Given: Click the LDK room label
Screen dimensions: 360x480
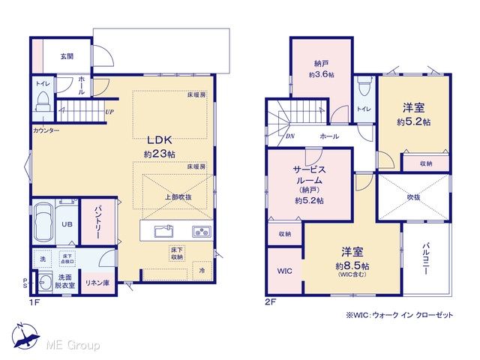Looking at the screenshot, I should [160, 139].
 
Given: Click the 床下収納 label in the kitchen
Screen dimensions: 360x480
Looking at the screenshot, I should [177, 254].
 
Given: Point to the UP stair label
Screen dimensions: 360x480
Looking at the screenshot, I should [109, 112].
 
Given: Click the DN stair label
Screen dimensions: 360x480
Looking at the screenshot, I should [289, 136].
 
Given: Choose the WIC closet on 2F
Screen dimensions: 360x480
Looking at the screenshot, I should [284, 271].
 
